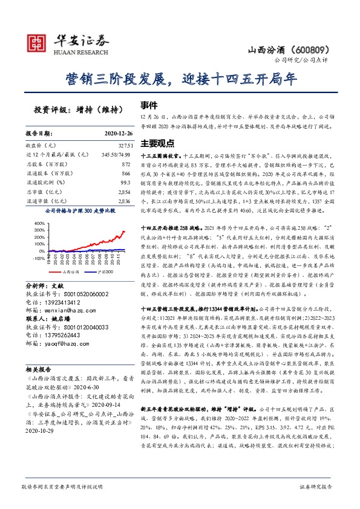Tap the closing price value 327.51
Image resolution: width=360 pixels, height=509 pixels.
(123, 146)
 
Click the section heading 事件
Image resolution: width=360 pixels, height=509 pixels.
(149, 104)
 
